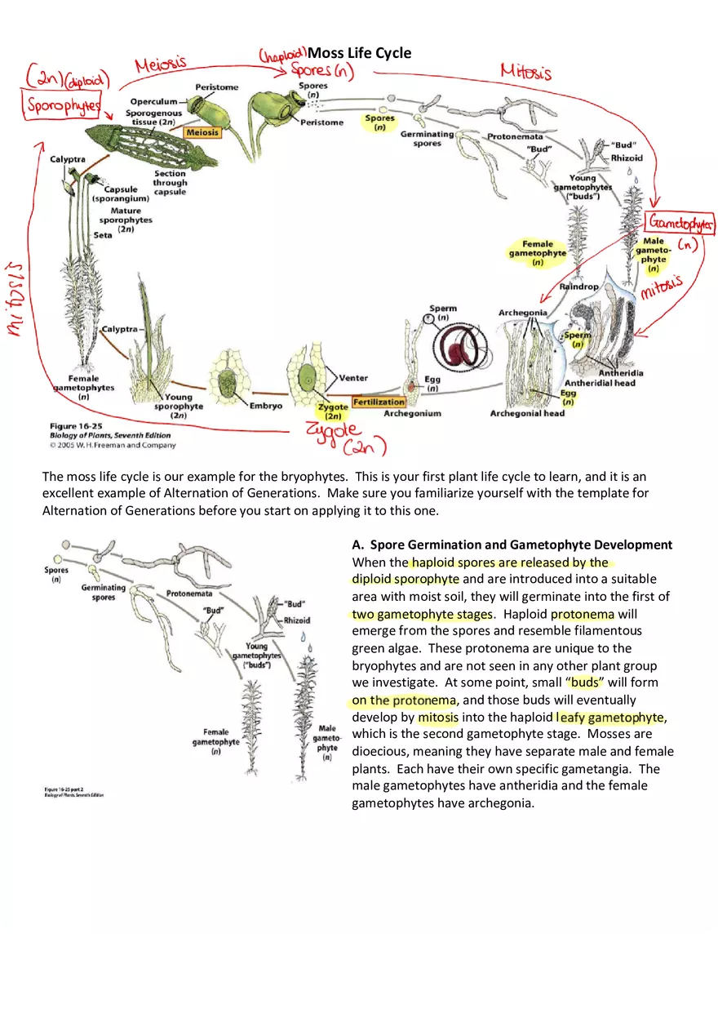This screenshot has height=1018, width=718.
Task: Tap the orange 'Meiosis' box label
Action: click(202, 131)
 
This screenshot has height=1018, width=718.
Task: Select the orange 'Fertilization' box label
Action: click(379, 402)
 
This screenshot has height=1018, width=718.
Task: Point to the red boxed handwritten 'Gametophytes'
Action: click(681, 223)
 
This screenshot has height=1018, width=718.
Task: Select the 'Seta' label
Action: click(103, 235)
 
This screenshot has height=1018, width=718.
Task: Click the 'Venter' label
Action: click(353, 378)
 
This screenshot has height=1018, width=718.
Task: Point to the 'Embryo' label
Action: click(266, 406)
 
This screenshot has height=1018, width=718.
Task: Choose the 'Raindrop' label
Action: click(578, 287)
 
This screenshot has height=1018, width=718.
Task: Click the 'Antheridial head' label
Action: click(600, 383)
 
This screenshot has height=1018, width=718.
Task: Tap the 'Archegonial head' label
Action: click(526, 413)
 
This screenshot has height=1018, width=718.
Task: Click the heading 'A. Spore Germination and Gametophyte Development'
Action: click(512, 545)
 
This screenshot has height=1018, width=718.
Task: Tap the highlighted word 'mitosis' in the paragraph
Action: click(438, 718)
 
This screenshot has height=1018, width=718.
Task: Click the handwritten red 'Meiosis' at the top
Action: click(161, 64)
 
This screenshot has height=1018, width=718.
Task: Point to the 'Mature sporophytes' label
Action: click(126, 216)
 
